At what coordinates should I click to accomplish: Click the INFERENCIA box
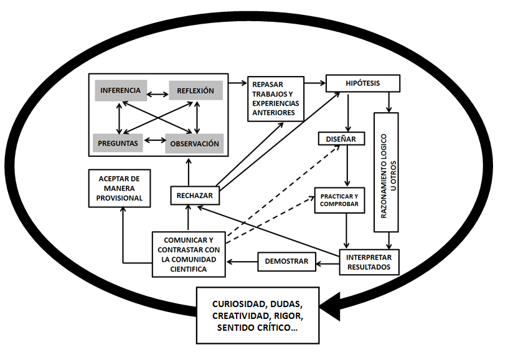(x=120, y=90)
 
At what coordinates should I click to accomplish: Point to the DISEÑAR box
(x=340, y=139)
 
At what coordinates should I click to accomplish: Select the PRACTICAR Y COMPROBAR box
(x=340, y=200)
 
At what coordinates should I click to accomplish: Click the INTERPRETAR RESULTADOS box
(x=370, y=262)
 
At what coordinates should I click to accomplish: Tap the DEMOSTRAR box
(x=287, y=262)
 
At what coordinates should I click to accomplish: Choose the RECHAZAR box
(x=194, y=196)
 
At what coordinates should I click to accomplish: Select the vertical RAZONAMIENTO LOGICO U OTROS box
(x=390, y=172)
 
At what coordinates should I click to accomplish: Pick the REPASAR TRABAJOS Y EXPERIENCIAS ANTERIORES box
(x=275, y=98)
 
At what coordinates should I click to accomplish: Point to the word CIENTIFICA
(x=187, y=269)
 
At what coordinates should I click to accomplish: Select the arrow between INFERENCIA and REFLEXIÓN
(x=158, y=95)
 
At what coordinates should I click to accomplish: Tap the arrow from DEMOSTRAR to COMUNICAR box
(x=242, y=262)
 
